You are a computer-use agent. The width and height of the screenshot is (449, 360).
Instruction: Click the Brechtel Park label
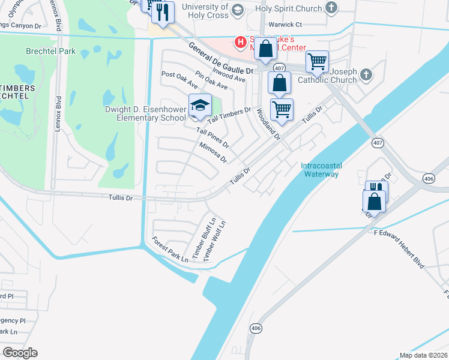(x=50, y=51)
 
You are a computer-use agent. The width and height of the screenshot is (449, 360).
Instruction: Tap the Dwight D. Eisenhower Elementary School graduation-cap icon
(x=200, y=106)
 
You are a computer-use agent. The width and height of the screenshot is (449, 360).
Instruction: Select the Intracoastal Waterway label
(x=320, y=170)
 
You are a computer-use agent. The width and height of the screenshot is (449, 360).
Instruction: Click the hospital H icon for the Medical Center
(x=241, y=42)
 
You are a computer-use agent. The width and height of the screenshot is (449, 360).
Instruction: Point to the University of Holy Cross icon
(x=237, y=10)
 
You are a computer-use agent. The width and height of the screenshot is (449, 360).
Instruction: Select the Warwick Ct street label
(x=285, y=25)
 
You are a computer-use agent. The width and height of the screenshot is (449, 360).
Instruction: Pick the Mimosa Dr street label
(x=212, y=152)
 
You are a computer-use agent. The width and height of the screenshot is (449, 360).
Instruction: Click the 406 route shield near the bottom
(x=256, y=328)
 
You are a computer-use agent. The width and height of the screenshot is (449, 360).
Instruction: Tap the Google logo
(x=20, y=353)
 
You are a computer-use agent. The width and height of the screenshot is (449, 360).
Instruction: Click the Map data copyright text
(x=423, y=355)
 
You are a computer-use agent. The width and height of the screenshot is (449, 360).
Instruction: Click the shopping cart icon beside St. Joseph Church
(x=316, y=61)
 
